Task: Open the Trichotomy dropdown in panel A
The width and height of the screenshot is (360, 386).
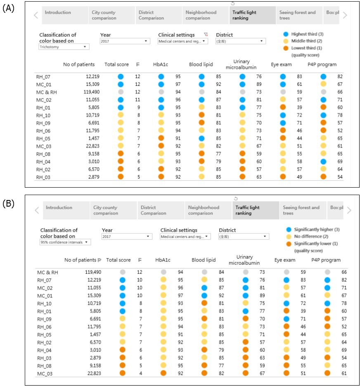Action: (64, 47)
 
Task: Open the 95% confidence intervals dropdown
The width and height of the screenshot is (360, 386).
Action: (65, 242)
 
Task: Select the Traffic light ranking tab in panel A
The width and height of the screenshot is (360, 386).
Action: (252, 15)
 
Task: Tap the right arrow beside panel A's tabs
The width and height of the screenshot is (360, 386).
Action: (345, 15)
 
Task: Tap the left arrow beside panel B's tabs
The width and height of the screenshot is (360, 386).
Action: (37, 210)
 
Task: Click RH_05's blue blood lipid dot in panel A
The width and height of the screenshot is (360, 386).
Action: (201, 138)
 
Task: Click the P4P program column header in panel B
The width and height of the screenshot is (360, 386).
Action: (326, 260)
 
